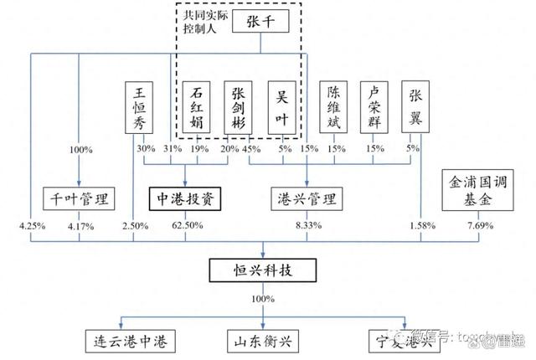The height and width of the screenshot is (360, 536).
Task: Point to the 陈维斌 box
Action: (335, 106)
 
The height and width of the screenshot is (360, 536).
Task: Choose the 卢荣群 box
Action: (376, 106)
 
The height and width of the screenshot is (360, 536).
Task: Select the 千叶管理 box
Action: (79, 199)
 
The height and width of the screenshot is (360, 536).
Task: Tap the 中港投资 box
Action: (184, 199)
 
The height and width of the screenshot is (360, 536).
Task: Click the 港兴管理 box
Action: (306, 199)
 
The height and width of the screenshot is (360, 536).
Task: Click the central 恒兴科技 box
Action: (263, 270)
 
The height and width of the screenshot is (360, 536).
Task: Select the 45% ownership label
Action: (250, 149)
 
